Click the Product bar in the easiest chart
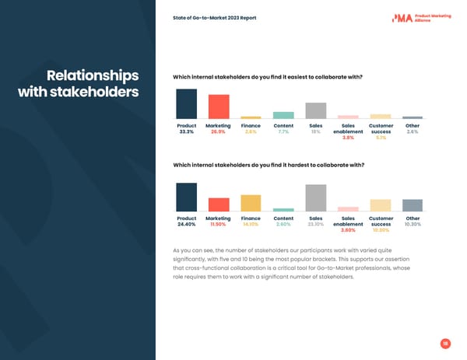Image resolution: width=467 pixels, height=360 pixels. pos(186,103)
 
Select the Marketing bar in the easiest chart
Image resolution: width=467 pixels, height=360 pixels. pos(219,107)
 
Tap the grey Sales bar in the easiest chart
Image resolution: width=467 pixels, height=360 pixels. pos(315,110)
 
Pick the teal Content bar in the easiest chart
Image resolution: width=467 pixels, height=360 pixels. pos(283,115)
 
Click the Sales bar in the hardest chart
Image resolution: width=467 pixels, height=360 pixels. pos(315,197)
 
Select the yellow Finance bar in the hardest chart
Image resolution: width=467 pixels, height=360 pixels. pos(251,203)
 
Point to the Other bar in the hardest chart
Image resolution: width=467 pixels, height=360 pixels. pos(413,205)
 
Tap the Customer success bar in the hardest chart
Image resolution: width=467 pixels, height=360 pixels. pos(380,205)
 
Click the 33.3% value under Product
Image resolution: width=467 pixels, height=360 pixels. pos(186,132)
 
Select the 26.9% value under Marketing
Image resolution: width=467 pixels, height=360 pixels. pos(219,132)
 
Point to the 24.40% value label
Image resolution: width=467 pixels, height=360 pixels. pos(186,225)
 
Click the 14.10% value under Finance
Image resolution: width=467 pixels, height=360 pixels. pos(251,225)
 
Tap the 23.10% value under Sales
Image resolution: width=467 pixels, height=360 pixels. pos(315,225)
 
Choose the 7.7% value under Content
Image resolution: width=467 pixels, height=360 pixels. pos(283,132)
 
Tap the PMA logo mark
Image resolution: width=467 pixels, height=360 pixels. pos(402,18)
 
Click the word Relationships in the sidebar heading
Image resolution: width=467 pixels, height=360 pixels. pos(93,76)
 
